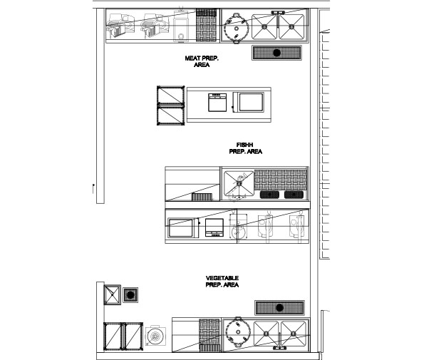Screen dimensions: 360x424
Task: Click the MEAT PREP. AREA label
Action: (x=202, y=62)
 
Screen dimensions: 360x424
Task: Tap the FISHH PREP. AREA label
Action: (x=246, y=148)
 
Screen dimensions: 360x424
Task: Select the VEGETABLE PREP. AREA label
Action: (x=222, y=281)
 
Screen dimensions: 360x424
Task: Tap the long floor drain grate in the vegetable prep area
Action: (x=280, y=307)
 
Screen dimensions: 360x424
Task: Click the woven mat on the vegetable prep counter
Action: (x=209, y=334)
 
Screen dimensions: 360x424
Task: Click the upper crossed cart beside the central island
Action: (x=170, y=96)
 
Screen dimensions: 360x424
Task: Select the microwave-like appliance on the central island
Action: (x=251, y=101)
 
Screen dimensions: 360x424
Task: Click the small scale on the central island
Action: (x=216, y=103)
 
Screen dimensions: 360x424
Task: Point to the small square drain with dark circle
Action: (x=130, y=294)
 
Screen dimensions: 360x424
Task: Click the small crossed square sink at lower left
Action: (x=112, y=294)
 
